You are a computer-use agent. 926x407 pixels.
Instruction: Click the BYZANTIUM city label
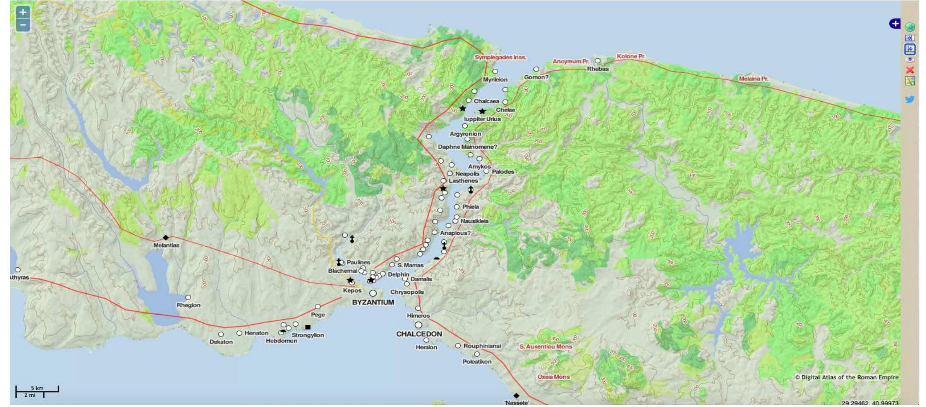(x=373, y=302)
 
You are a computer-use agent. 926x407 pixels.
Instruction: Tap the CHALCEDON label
(x=419, y=334)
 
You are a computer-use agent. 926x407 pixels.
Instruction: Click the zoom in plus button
(x=23, y=12)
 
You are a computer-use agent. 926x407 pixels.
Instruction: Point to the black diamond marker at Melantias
(x=166, y=238)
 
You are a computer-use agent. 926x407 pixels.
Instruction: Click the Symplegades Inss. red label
(x=500, y=57)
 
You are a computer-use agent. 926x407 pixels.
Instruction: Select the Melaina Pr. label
(x=754, y=79)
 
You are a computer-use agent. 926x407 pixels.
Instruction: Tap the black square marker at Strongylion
(x=308, y=327)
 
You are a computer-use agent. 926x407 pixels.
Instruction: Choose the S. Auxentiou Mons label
(x=546, y=347)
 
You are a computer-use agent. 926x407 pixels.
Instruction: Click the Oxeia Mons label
(x=553, y=377)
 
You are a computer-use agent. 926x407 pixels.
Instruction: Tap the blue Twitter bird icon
(x=910, y=100)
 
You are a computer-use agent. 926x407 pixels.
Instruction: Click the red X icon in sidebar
(x=910, y=70)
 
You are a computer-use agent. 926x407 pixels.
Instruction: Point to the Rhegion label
(x=189, y=305)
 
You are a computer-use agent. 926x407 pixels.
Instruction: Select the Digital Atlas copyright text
(x=846, y=378)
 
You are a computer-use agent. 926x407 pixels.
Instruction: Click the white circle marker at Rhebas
(x=598, y=61)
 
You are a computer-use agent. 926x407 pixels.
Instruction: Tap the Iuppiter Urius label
(x=482, y=119)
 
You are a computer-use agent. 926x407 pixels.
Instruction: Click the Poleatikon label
(x=477, y=362)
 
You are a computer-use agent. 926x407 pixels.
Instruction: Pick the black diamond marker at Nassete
(x=516, y=396)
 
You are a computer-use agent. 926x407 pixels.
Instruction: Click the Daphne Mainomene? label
(x=467, y=147)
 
